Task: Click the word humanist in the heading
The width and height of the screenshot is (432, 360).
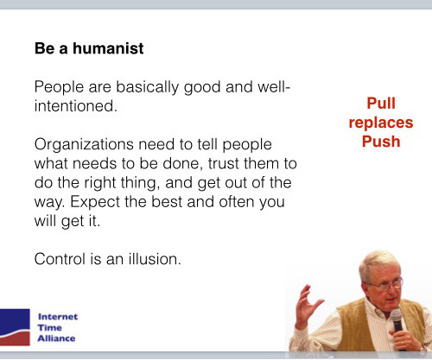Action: [108, 48]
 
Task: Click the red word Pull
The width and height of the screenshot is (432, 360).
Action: [381, 103]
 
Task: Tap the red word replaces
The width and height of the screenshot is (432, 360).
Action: [381, 123]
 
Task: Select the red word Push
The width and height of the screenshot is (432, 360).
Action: [381, 142]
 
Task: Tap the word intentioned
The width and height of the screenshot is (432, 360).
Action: [76, 106]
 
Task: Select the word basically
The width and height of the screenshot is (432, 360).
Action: [147, 87]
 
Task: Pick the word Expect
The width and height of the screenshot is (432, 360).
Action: [94, 202]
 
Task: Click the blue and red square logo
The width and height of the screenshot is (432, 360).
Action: [15, 327]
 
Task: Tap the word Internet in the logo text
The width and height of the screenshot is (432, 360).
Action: [58, 317]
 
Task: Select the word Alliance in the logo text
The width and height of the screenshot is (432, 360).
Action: [56, 338]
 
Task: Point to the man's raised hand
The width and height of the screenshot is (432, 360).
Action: [307, 306]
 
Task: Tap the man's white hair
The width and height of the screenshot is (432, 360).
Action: [378, 262]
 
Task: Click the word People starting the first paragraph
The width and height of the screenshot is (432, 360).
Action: [59, 87]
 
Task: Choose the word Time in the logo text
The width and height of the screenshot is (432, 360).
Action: [49, 328]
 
